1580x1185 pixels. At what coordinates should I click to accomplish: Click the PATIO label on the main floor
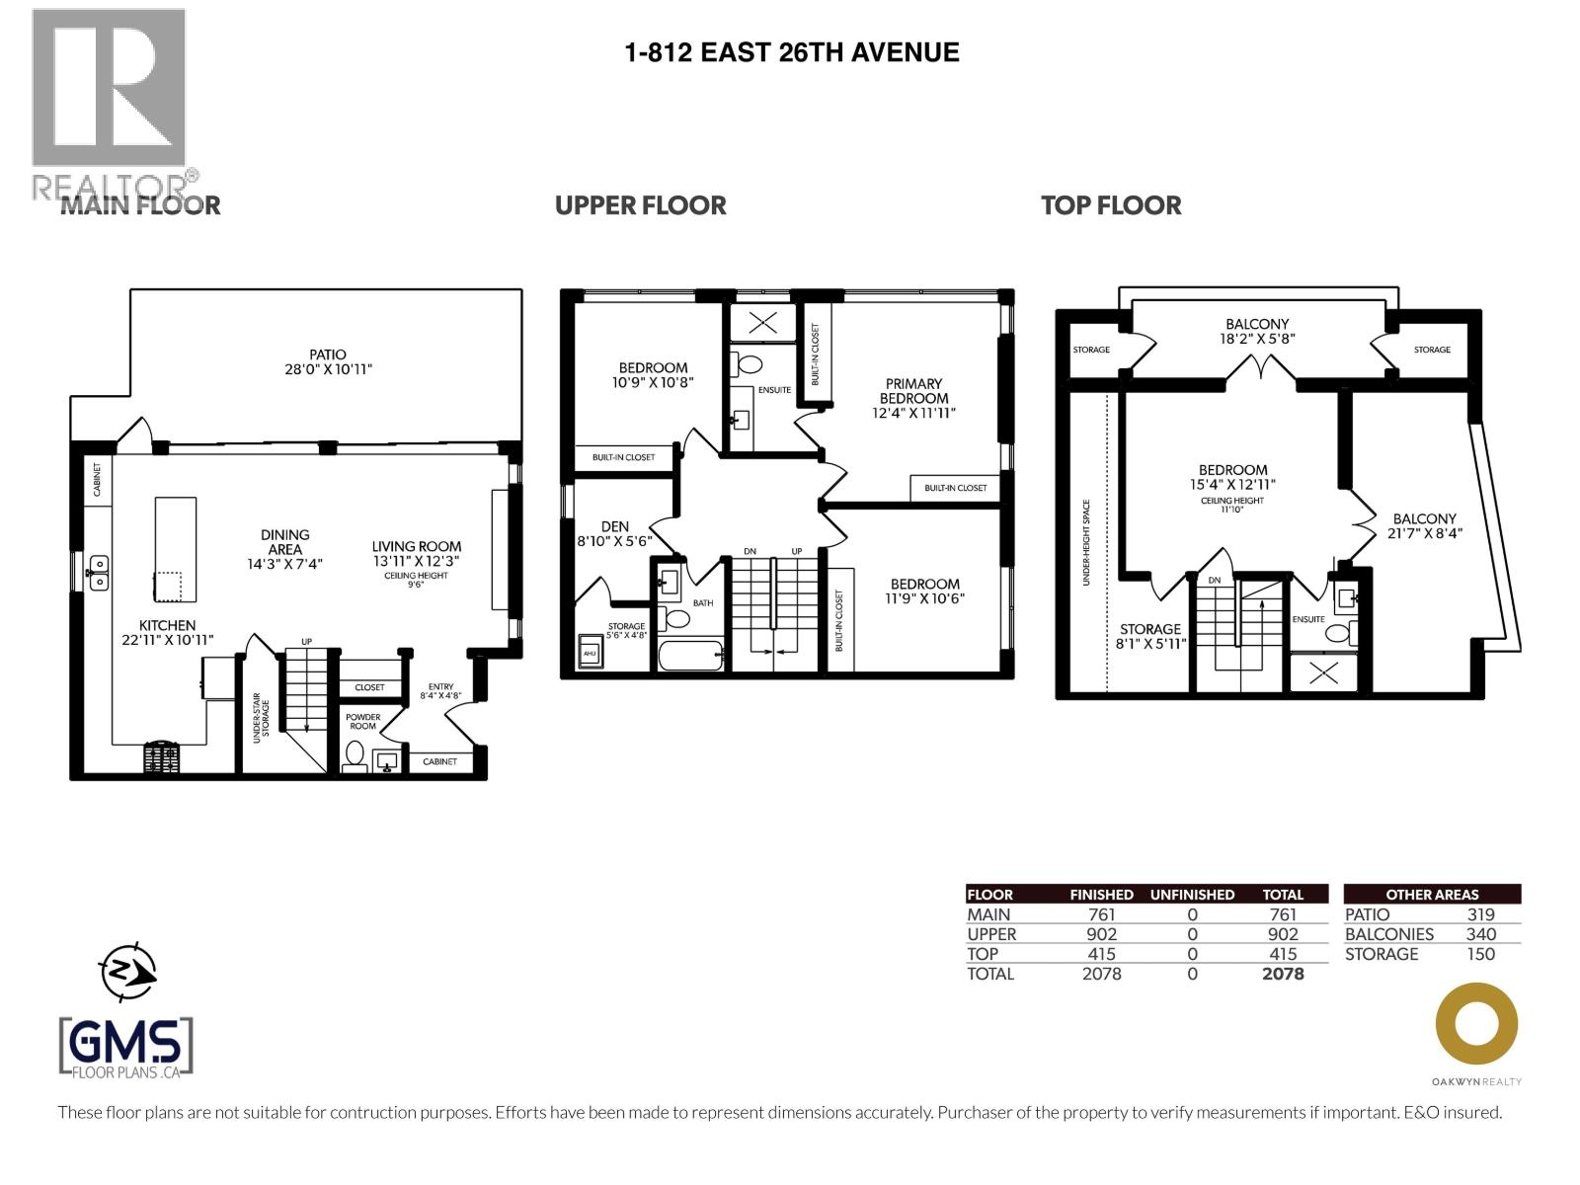click(x=328, y=355)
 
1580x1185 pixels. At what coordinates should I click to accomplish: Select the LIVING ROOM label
click(x=416, y=546)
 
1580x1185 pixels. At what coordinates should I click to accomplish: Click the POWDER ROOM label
click(x=362, y=722)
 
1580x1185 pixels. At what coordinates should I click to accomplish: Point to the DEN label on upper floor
click(x=615, y=526)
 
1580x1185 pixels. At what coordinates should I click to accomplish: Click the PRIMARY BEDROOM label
click(x=913, y=391)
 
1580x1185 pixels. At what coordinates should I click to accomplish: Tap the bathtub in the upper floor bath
click(x=690, y=655)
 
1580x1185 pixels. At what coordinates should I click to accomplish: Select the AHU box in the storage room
click(x=590, y=651)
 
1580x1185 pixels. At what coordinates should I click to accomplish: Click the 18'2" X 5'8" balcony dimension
click(x=1257, y=338)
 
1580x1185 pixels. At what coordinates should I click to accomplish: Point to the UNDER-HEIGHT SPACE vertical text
click(x=1086, y=542)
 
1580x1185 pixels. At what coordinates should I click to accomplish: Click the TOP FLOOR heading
click(x=1111, y=205)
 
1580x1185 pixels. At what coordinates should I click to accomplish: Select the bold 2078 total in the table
click(x=1283, y=974)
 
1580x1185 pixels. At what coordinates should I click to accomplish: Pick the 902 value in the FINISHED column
click(x=1101, y=934)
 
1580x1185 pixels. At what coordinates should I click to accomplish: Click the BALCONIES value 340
click(x=1480, y=934)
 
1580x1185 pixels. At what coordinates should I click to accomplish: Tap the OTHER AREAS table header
click(x=1432, y=895)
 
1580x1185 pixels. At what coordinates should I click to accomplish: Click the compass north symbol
click(x=127, y=972)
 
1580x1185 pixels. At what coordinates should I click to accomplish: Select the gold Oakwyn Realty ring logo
click(x=1476, y=1023)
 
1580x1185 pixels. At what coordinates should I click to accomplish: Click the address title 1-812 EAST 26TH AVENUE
click(x=792, y=52)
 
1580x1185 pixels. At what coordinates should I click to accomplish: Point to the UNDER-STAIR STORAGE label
click(x=260, y=718)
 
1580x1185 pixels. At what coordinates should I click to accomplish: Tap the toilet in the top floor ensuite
click(x=1337, y=633)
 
